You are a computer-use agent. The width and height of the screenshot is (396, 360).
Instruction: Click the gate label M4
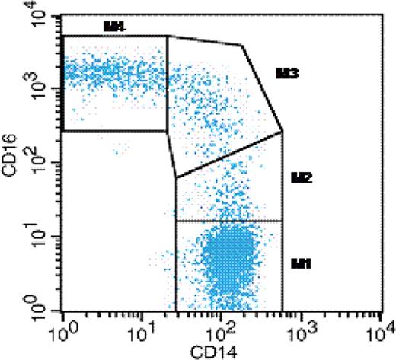[114, 27]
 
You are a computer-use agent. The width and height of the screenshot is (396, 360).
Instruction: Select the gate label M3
[286, 74]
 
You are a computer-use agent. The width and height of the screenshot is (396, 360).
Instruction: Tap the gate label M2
[302, 177]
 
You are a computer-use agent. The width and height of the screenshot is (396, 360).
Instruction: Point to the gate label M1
[302, 263]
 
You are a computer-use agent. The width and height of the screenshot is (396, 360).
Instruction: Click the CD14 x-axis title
[219, 351]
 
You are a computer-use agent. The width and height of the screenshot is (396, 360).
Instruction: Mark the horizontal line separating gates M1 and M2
[229, 221]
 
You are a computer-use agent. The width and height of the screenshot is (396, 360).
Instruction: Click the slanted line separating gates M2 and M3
[229, 155]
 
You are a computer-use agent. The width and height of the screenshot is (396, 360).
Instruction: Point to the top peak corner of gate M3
[241, 46]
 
